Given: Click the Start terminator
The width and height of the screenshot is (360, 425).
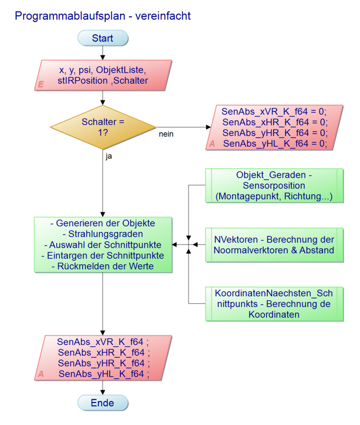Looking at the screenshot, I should coord(103,38).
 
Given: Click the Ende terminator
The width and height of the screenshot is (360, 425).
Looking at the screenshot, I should coord(103,402).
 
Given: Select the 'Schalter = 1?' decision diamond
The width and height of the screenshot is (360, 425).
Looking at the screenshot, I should coord(103,127).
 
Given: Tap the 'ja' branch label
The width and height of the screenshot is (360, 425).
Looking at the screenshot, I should coord(109,157).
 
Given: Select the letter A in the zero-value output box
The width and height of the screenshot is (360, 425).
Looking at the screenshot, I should coord(212,144).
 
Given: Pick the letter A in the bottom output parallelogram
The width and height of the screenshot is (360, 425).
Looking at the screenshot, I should coord(40,374).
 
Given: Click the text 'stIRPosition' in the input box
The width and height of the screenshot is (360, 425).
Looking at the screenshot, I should coord(83,81).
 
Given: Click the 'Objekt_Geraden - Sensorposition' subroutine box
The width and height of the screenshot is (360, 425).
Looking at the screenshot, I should coord(274,185).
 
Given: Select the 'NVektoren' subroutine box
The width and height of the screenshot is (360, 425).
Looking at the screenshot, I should coord(274,244).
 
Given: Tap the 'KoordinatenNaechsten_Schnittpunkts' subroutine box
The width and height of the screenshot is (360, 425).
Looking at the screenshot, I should coord(274,303).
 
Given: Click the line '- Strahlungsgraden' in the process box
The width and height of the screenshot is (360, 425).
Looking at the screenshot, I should coord(103,234).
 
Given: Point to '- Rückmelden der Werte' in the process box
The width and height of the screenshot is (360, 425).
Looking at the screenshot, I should coord(103,267).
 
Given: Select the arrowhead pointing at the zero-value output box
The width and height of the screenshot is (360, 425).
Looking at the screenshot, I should coord(207,127).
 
